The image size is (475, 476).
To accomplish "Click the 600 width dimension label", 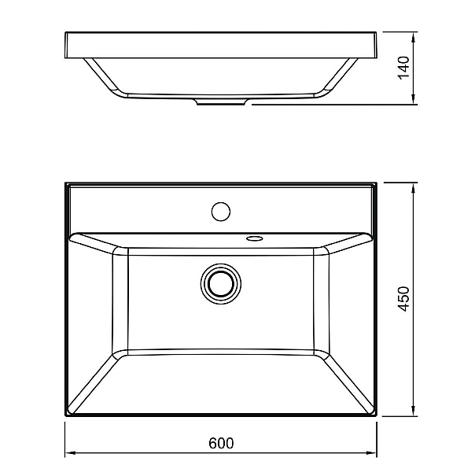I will click(222, 443).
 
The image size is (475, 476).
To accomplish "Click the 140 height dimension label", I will click(403, 68).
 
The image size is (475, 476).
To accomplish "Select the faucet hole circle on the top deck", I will click(221, 211).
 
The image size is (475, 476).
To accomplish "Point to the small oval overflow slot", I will click(254, 236).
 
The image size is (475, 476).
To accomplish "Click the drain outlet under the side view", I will click(222, 103).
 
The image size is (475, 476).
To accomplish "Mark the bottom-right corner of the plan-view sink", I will click(377, 417).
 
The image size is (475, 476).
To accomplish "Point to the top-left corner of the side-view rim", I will click(65, 32).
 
